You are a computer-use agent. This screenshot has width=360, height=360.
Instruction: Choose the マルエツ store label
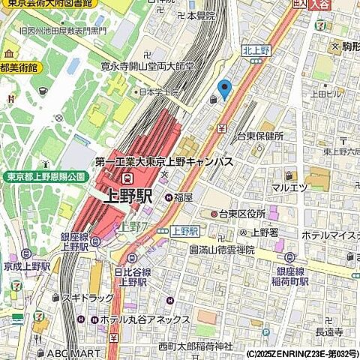pos(290,187)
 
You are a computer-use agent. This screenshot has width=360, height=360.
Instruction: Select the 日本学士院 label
pos(158,92)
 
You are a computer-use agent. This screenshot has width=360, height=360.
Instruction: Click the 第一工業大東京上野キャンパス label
pos(163,162)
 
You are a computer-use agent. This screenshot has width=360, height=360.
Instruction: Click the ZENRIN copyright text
pos(301,353)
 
